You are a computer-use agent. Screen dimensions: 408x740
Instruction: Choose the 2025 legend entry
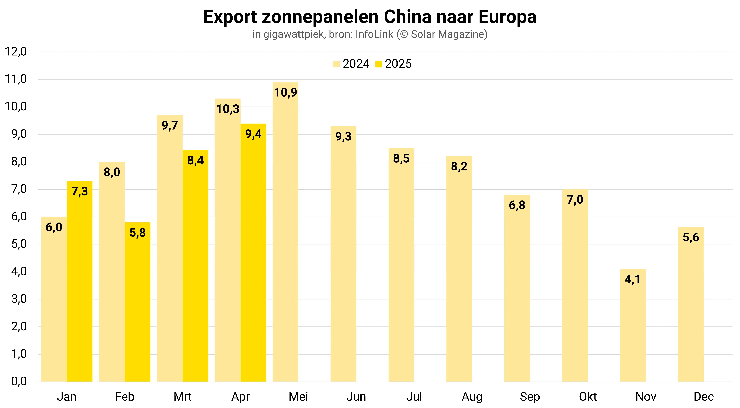tap(394, 64)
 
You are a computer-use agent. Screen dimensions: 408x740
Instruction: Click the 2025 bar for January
tap(80, 282)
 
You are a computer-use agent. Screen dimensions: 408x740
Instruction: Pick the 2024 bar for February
tap(112, 273)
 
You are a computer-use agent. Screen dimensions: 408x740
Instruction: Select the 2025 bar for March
tap(195, 267)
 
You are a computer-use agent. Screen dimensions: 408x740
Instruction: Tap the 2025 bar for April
tap(253, 253)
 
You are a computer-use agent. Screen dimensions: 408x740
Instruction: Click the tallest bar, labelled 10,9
tap(286, 233)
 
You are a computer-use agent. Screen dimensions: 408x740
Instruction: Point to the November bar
tap(633, 325)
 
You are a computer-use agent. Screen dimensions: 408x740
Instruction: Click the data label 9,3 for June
tap(343, 136)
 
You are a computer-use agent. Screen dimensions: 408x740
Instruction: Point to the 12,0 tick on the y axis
tap(16, 52)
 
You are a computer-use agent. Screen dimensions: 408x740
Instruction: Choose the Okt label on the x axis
tap(588, 397)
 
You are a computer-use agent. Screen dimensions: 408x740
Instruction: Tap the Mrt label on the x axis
tap(182, 397)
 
